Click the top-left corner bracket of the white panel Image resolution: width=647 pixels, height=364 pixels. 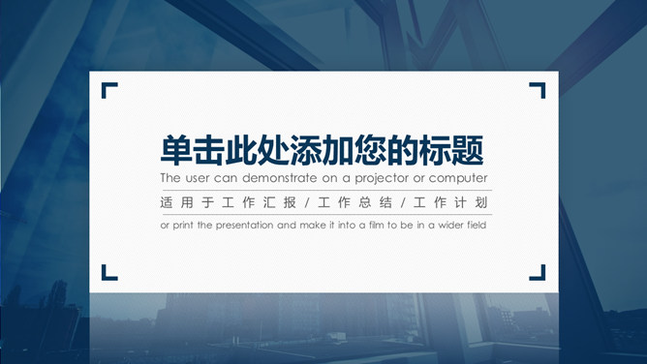coord(108,90)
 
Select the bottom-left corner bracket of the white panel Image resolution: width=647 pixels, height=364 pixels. coord(108,272)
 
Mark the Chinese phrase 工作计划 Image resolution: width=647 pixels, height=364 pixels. coord(451,203)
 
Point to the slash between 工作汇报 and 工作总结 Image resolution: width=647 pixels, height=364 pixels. coord(307,203)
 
